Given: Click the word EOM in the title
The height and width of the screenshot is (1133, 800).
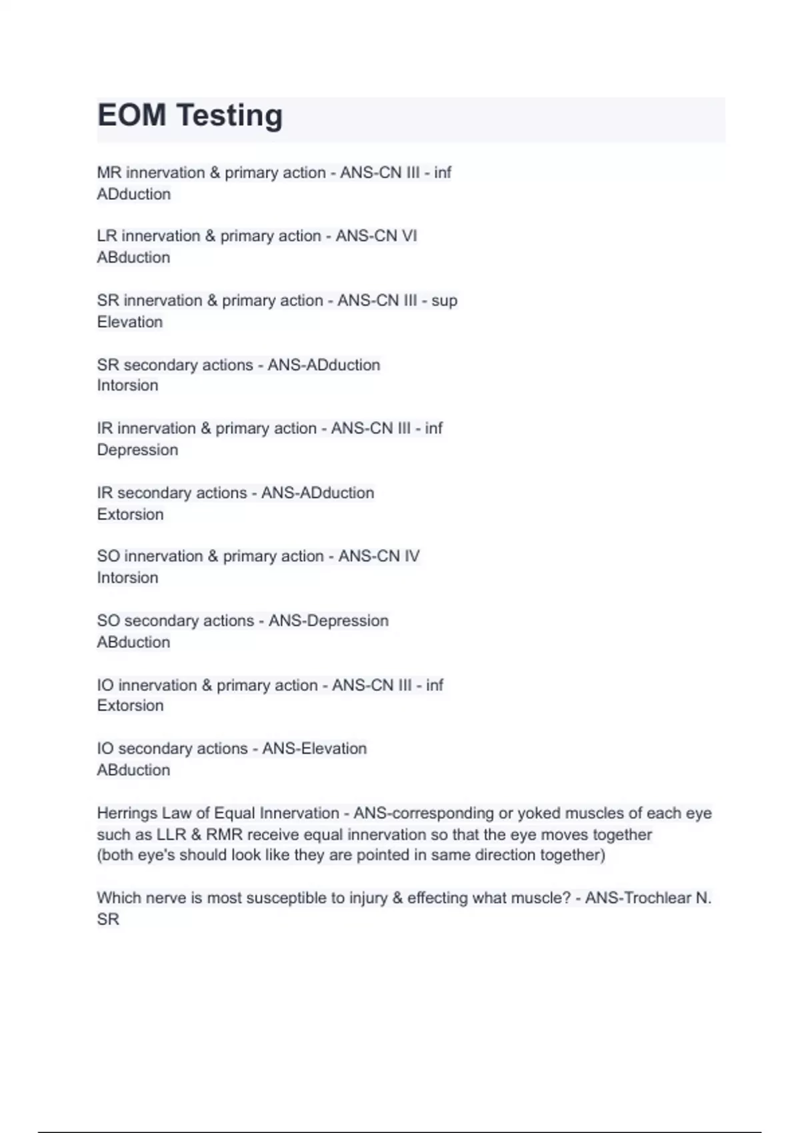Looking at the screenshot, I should click(131, 115).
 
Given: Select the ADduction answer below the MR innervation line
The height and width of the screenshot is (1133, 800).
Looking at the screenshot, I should click(133, 195).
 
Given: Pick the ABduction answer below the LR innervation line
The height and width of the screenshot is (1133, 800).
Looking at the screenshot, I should click(133, 258).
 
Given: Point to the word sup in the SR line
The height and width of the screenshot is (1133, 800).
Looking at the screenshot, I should click(444, 301).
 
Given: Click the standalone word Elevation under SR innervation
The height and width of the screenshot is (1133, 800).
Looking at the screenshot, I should click(129, 322).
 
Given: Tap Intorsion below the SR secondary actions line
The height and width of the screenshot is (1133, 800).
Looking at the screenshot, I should click(127, 386).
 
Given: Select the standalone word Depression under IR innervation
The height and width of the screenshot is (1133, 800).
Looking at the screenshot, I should click(137, 451).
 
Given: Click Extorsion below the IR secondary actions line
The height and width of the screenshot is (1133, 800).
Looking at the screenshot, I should click(130, 515).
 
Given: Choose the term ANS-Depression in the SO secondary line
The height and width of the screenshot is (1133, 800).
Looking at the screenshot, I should click(328, 621).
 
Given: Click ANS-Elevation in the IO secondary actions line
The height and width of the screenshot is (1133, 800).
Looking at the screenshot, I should click(314, 749).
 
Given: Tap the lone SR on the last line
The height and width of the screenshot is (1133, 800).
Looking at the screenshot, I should click(108, 920).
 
